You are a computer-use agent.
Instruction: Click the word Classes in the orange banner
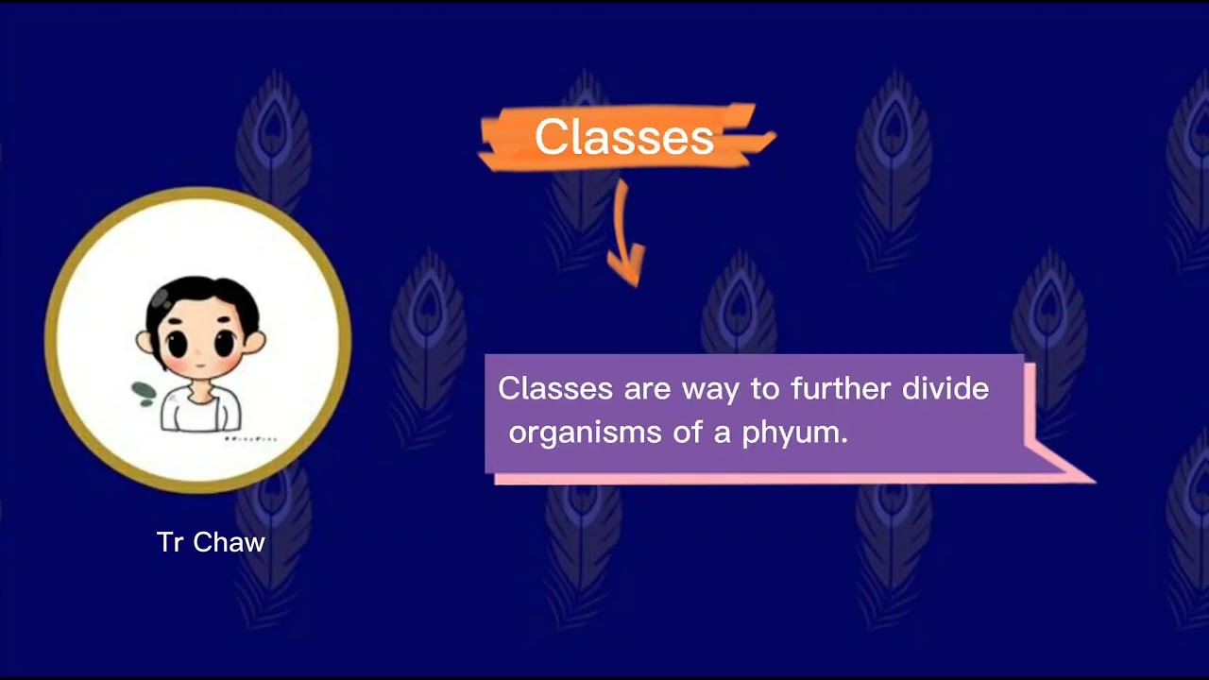[x=623, y=138]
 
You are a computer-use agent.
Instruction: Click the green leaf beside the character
[x=145, y=393]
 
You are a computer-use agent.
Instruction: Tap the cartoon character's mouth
[x=201, y=365]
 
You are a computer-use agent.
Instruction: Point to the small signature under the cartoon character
[x=250, y=439]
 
